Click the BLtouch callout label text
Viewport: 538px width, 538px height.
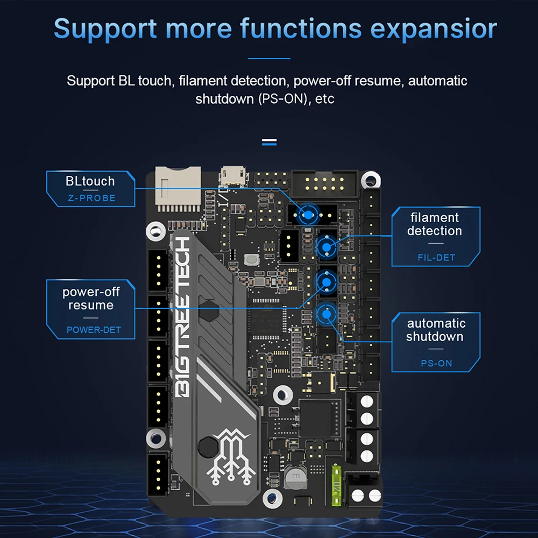point(90,181)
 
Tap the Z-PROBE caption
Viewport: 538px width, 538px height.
point(91,198)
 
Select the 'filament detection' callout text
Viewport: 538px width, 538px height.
point(434,224)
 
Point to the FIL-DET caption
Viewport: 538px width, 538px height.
point(436,258)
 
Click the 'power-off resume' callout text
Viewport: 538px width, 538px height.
point(91,299)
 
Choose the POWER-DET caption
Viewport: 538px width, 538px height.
point(94,330)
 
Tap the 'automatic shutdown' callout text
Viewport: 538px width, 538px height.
point(435,330)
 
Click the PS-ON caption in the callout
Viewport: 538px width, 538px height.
point(436,364)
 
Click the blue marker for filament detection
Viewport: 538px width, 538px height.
point(326,246)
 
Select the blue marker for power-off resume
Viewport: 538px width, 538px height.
point(325,280)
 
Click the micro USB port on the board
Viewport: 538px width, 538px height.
point(233,175)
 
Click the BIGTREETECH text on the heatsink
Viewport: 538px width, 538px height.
point(183,317)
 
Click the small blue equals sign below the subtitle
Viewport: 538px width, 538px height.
point(269,143)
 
